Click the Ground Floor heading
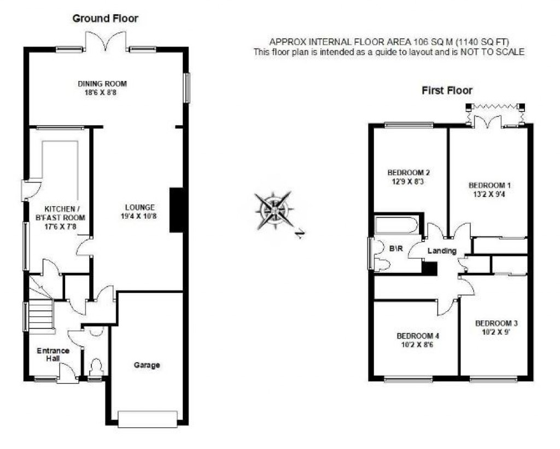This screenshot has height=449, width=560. point(106,19)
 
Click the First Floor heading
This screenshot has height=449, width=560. point(447,91)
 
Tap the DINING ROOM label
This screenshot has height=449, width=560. point(102,84)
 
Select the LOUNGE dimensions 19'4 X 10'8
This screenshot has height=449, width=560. point(140,217)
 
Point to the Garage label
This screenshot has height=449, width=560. point(147,365)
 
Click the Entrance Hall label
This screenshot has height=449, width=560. point(53,354)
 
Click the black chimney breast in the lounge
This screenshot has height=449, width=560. point(177,210)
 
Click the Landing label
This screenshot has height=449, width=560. point(442,251)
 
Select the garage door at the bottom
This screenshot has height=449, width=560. point(148,418)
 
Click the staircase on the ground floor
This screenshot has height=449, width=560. point(40,314)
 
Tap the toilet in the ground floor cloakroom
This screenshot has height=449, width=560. point(96,367)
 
